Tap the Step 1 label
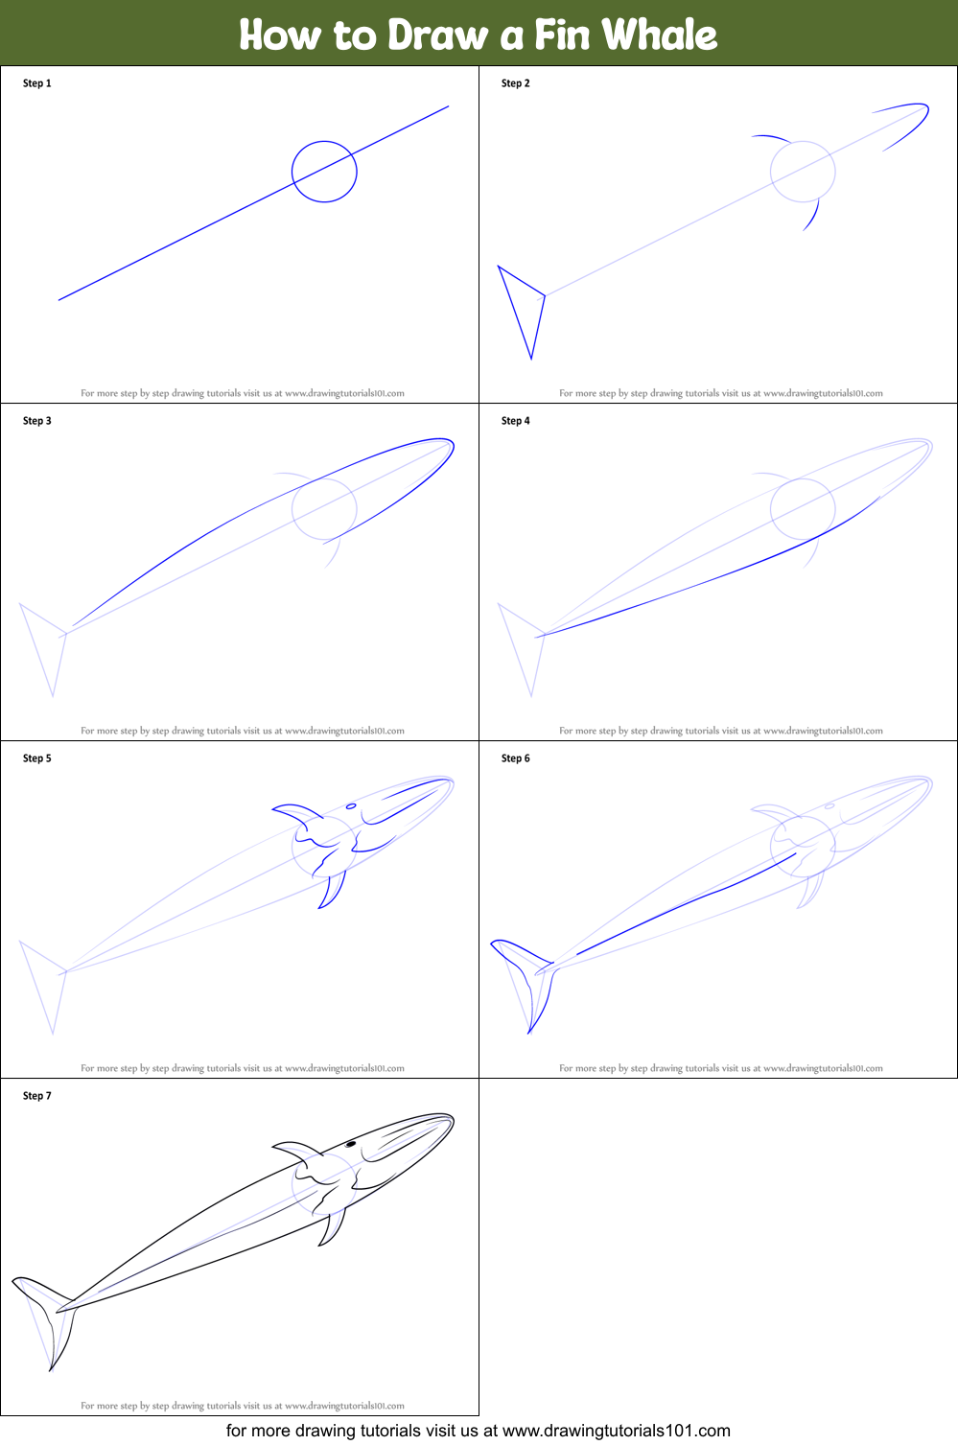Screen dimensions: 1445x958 coord(37,83)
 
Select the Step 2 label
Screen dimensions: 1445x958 coord(516,83)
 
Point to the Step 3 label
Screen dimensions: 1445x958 coord(37,421)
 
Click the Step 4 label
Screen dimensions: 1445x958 coord(516,421)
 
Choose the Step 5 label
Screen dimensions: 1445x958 coord(37,758)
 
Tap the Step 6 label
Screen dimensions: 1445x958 coord(516,758)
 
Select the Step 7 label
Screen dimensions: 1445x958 coord(37,1096)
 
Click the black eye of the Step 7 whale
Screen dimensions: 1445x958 coord(351,1144)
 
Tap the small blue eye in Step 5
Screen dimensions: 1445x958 coord(351,806)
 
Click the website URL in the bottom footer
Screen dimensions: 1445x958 coord(616,1431)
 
